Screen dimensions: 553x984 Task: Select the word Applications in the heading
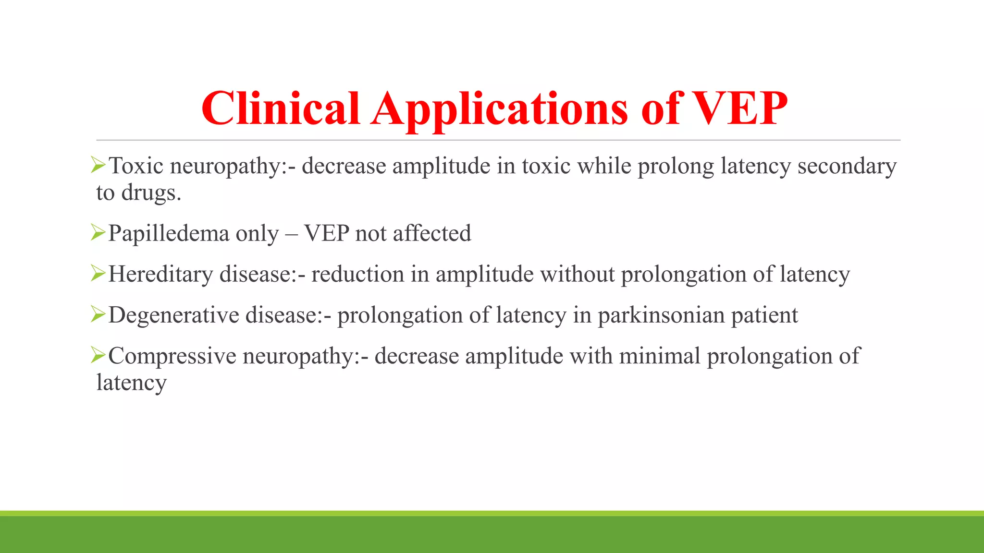click(499, 110)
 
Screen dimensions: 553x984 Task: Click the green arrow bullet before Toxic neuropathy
click(98, 166)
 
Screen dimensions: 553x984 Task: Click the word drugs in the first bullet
click(150, 193)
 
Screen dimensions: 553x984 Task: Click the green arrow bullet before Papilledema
click(98, 233)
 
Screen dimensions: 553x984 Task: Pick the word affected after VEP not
click(431, 233)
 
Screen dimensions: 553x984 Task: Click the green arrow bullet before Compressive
click(98, 356)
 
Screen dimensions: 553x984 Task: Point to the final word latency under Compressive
click(131, 383)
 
